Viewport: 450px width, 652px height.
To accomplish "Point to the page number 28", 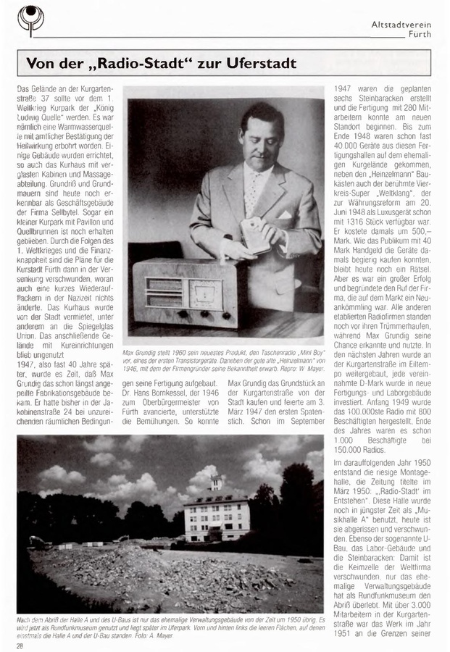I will coord(21,645).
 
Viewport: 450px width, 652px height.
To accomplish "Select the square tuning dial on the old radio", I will coord(204,293).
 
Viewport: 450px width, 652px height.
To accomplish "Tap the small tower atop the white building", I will coord(215,482).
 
